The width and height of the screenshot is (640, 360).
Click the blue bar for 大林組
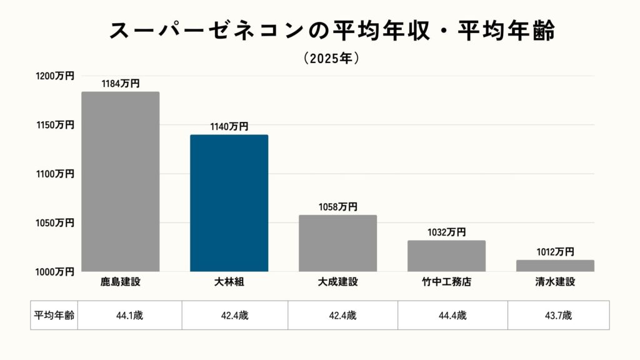(229, 203)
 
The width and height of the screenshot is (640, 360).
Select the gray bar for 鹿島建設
(120, 181)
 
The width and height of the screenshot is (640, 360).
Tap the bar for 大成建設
(337, 243)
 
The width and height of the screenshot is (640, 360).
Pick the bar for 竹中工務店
(446, 256)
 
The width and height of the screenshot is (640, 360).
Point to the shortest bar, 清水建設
(555, 266)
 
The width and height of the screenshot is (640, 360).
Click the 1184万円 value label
(121, 83)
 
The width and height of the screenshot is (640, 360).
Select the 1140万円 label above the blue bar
(229, 126)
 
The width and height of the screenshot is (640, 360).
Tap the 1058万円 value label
(337, 207)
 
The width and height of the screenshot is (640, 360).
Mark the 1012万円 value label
(554, 251)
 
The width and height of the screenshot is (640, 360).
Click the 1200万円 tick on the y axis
(55, 76)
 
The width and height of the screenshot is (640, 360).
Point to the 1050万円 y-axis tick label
(55, 222)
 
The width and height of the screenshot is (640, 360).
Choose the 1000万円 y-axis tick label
(55, 271)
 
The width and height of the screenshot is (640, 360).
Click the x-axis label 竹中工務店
(446, 282)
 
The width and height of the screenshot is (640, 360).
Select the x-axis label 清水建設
(555, 282)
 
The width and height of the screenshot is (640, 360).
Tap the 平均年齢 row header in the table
(54, 315)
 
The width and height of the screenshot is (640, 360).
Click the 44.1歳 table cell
(129, 315)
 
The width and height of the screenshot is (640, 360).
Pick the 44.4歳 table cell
(453, 315)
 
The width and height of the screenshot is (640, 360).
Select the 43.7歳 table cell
(558, 315)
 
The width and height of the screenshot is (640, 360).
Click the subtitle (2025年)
(331, 58)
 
